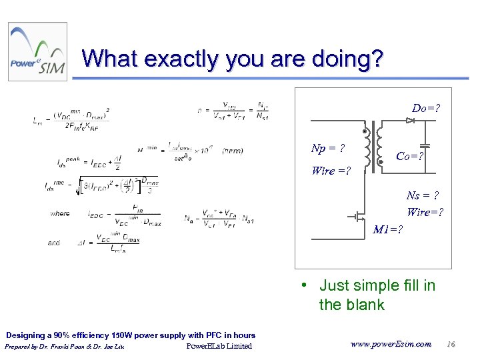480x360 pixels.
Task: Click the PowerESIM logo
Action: click(37, 52)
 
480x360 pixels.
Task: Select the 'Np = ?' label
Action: click(328, 148)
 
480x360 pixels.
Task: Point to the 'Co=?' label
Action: click(411, 156)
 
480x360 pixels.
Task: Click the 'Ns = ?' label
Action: click(423, 195)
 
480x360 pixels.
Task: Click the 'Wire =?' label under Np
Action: click(331, 171)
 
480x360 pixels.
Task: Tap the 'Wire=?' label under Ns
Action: click(425, 212)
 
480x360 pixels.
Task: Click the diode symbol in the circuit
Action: click(410, 121)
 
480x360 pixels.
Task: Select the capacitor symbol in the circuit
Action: click(426, 145)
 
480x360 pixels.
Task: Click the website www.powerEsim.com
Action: click(391, 344)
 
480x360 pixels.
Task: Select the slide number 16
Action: click(451, 344)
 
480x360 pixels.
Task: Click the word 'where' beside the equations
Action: click(59, 213)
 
